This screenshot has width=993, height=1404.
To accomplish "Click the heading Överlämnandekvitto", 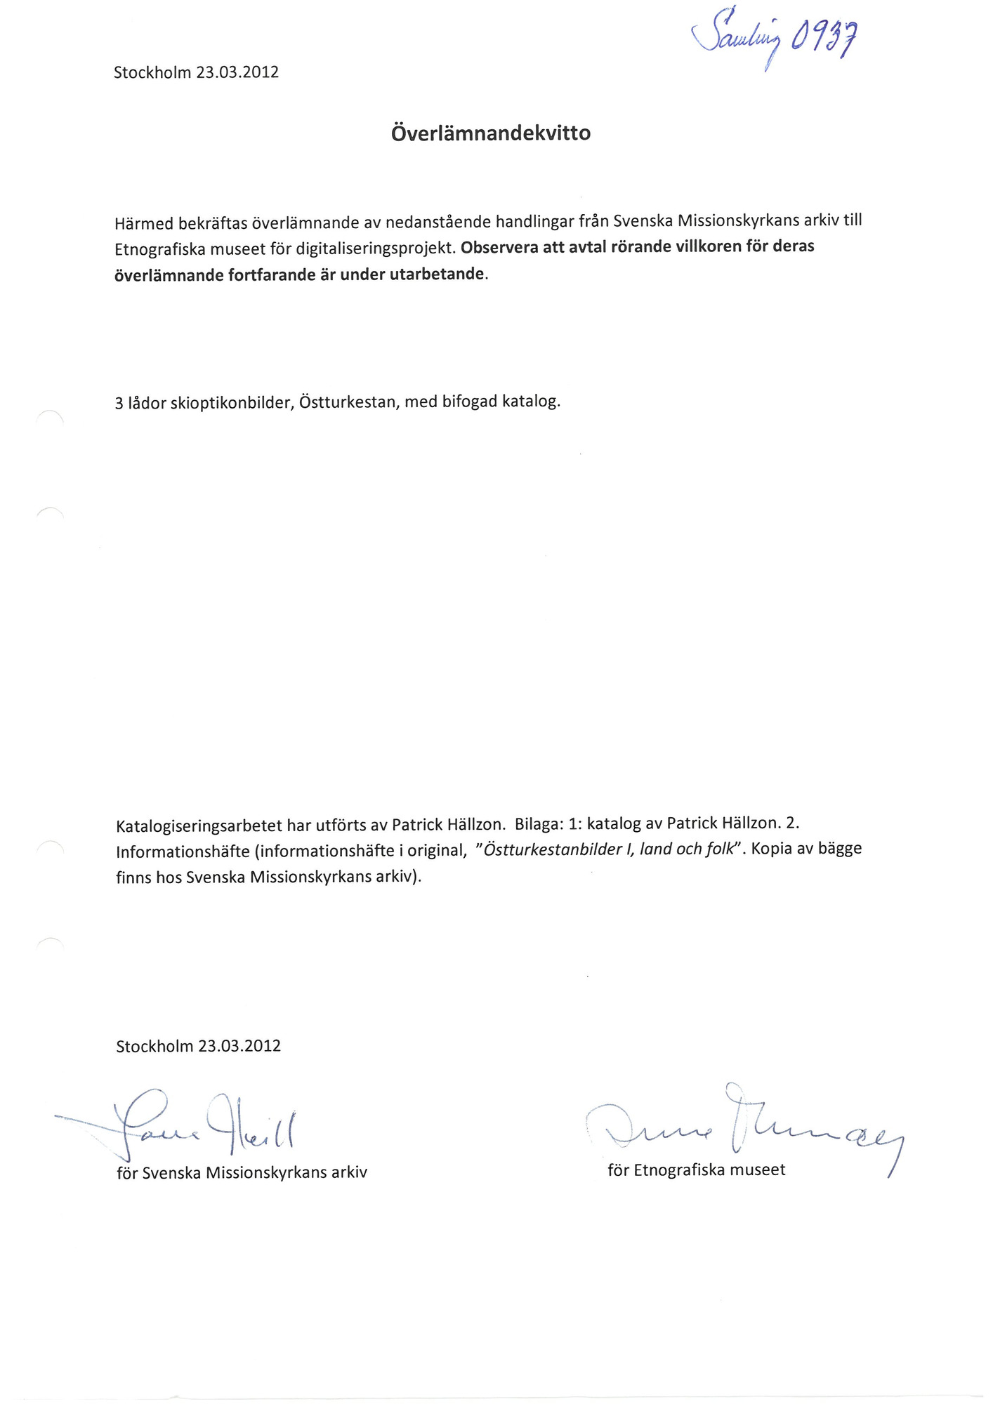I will pyautogui.click(x=490, y=133).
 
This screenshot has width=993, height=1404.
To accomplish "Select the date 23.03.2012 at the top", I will pyautogui.click(x=237, y=72).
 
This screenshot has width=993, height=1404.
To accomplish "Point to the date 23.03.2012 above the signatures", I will pyautogui.click(x=239, y=1046).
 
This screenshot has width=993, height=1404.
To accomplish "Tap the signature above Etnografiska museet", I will pyautogui.click(x=737, y=1122).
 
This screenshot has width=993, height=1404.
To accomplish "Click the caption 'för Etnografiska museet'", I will pyautogui.click(x=696, y=1170).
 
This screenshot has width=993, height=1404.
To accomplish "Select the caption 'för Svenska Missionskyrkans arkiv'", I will pyautogui.click(x=242, y=1173).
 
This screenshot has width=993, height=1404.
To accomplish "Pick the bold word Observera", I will pyautogui.click(x=499, y=247).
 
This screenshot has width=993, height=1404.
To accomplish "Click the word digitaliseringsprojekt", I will pyautogui.click(x=376, y=249).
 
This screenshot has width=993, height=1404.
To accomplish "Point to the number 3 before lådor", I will pyautogui.click(x=119, y=404).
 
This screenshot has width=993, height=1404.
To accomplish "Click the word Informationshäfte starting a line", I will pyautogui.click(x=183, y=852).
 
